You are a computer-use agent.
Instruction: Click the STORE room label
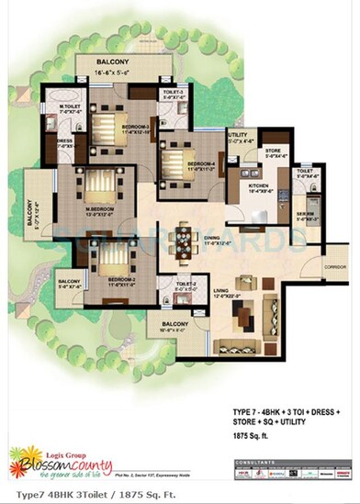[272, 151]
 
